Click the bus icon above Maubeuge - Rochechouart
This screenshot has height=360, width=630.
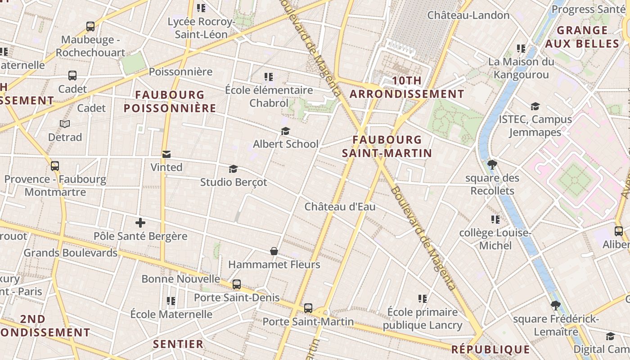pyautogui.click(x=90, y=27)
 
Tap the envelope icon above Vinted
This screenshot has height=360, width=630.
pyautogui.click(x=166, y=154)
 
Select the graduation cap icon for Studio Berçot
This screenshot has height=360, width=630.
pyautogui.click(x=233, y=169)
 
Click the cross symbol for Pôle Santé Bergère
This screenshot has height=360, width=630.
pyautogui.click(x=140, y=223)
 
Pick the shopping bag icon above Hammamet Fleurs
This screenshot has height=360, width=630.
pyautogui.click(x=274, y=251)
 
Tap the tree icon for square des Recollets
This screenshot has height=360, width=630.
pyautogui.click(x=492, y=165)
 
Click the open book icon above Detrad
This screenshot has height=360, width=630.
pyautogui.click(x=65, y=124)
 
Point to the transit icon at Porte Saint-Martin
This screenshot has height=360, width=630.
pyautogui.click(x=308, y=308)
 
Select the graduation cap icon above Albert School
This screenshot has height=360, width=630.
pyautogui.click(x=285, y=131)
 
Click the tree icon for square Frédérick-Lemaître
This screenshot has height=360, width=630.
pyautogui.click(x=556, y=306)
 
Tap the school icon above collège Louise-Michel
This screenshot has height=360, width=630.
pyautogui.click(x=495, y=220)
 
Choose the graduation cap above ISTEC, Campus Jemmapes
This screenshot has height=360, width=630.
pyautogui.click(x=535, y=106)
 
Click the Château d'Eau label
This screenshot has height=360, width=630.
pyautogui.click(x=340, y=207)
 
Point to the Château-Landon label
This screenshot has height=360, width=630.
pyautogui.click(x=468, y=15)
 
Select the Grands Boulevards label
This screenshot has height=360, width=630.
pyautogui.click(x=71, y=253)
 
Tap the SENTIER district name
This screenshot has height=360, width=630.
pyautogui.click(x=178, y=344)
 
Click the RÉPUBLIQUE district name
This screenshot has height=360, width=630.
pyautogui.click(x=490, y=349)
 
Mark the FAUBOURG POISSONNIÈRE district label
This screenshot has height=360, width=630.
pyautogui.click(x=170, y=102)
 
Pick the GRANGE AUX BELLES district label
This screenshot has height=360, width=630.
pyautogui.click(x=582, y=37)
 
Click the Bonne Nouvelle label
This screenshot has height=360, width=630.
pyautogui.click(x=181, y=279)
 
